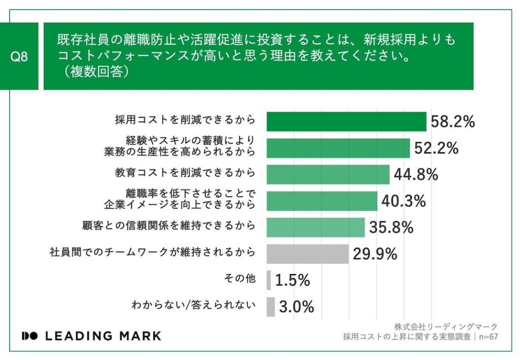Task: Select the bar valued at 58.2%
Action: click(x=346, y=122)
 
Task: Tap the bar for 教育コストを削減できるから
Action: click(x=328, y=175)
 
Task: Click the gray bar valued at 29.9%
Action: click(x=308, y=254)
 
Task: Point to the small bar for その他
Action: click(x=269, y=280)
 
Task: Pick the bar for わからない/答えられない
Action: click(x=271, y=307)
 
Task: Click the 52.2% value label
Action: click(x=436, y=148)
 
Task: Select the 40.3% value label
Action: click(x=403, y=201)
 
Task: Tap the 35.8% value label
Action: click(x=391, y=227)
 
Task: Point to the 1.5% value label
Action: click(x=292, y=280)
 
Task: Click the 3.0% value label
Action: click(x=297, y=307)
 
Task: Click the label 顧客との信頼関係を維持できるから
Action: click(x=169, y=225)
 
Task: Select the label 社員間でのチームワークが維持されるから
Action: click(x=152, y=251)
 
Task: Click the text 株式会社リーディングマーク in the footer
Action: click(x=446, y=326)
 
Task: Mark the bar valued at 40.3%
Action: click(x=322, y=201)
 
